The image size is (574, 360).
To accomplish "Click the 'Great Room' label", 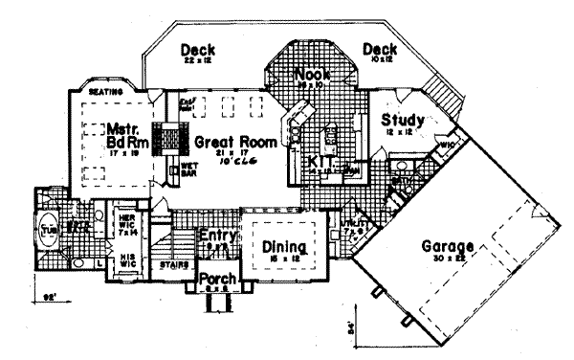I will pos(236,142).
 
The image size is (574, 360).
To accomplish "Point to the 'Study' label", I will pos(401,121).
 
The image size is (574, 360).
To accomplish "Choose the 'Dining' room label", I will pos(284,247).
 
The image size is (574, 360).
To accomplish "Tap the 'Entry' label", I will pos(216,235).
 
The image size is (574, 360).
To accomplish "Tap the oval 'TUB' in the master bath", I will pos(48,232).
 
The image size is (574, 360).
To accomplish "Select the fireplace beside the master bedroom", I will pos(170,138).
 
